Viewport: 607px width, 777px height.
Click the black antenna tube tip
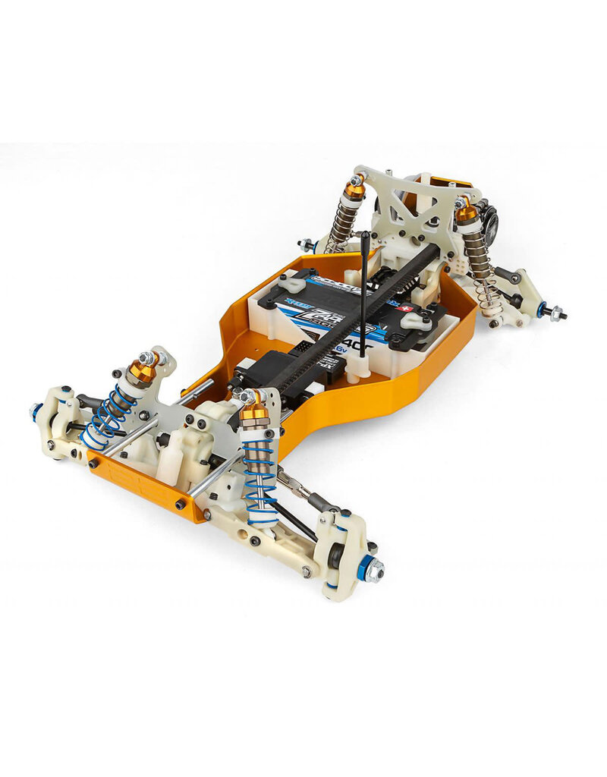[364, 237]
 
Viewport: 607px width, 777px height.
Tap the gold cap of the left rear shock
[354, 190]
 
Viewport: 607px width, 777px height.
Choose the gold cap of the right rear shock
[466, 213]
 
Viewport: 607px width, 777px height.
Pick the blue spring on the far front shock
[105, 417]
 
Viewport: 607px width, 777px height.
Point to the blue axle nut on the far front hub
[36, 414]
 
